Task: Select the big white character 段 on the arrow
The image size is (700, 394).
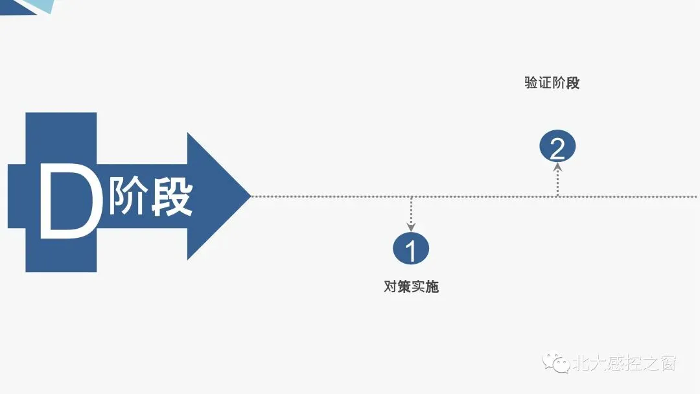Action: pos(171,194)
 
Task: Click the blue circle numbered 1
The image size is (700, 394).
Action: pos(411,249)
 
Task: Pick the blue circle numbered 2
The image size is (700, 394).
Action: pos(557,148)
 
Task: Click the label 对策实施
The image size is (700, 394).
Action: pos(411,286)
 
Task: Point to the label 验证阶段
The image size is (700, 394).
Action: pos(552,83)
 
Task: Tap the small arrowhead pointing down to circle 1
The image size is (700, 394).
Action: pos(411,226)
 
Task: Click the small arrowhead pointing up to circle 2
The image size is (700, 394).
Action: pos(557,167)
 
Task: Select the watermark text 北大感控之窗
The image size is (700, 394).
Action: pos(624,363)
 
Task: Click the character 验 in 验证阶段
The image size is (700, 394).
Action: pos(531,83)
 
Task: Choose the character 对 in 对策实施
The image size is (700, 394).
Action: pos(391,286)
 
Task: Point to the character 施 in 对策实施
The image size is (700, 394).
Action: pos(432,286)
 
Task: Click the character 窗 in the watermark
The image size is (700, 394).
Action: pos(668,363)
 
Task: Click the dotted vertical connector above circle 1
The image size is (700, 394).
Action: pos(411,209)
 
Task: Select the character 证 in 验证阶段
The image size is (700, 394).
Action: pos(545,83)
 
